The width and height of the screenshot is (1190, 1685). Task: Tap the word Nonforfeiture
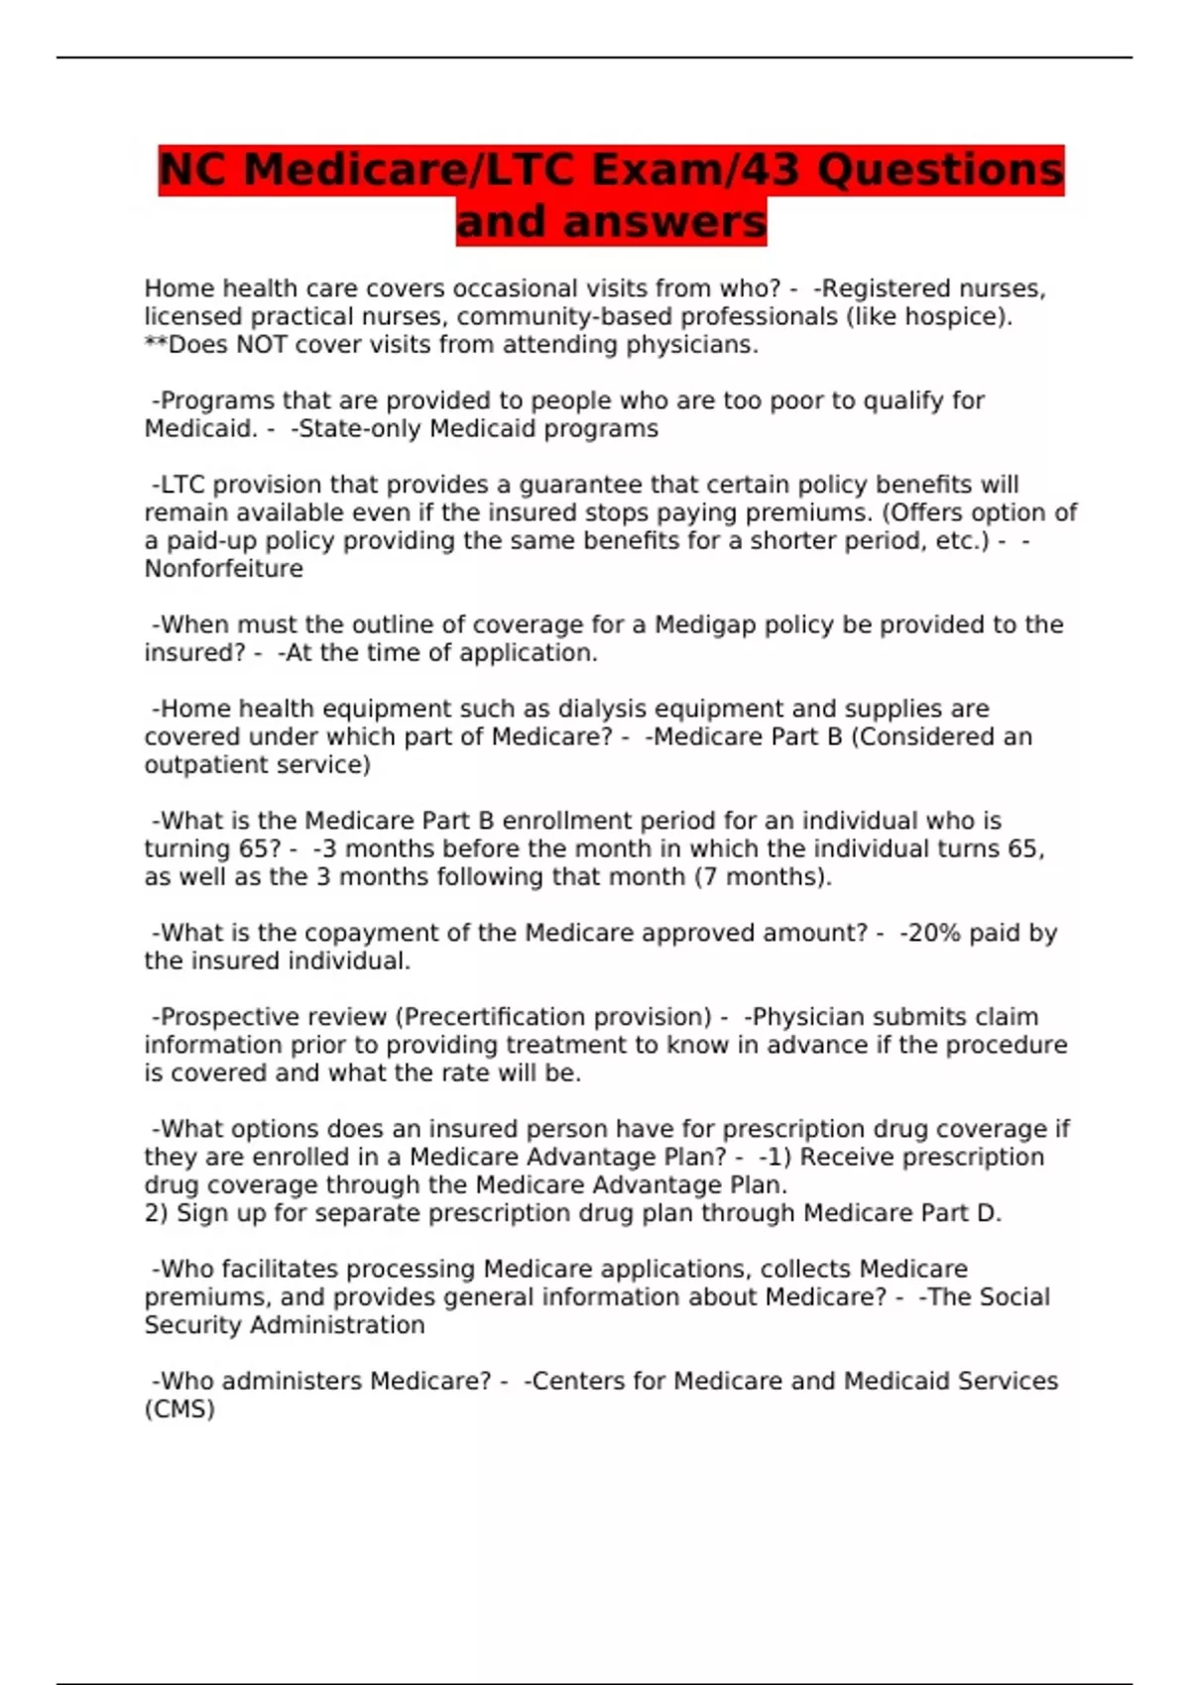point(224,569)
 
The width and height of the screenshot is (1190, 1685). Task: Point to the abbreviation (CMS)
point(179,1409)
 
